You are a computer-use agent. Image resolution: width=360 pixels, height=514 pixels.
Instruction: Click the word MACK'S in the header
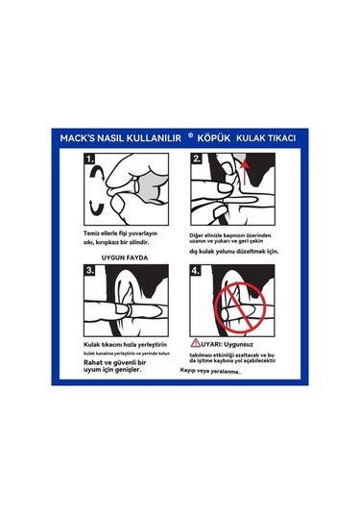click(74, 138)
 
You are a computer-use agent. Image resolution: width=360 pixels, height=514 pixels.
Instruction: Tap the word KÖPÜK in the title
click(214, 137)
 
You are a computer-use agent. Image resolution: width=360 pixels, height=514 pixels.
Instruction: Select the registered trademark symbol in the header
click(191, 135)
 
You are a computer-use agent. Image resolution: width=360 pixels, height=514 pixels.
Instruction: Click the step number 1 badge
click(89, 159)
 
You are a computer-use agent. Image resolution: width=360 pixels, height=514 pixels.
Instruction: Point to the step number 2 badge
click(197, 159)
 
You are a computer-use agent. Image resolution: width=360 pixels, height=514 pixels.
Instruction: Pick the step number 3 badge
click(89, 270)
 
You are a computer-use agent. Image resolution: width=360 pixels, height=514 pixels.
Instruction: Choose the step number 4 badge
click(196, 270)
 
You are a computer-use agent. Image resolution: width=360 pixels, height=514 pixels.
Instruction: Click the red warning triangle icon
click(196, 343)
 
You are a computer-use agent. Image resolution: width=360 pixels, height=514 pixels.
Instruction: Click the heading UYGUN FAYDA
click(125, 257)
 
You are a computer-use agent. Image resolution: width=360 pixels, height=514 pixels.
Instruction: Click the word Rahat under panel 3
click(93, 362)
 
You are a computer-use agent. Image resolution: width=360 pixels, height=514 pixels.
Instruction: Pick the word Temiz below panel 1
click(91, 233)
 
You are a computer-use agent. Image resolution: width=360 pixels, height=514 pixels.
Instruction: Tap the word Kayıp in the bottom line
click(188, 371)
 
